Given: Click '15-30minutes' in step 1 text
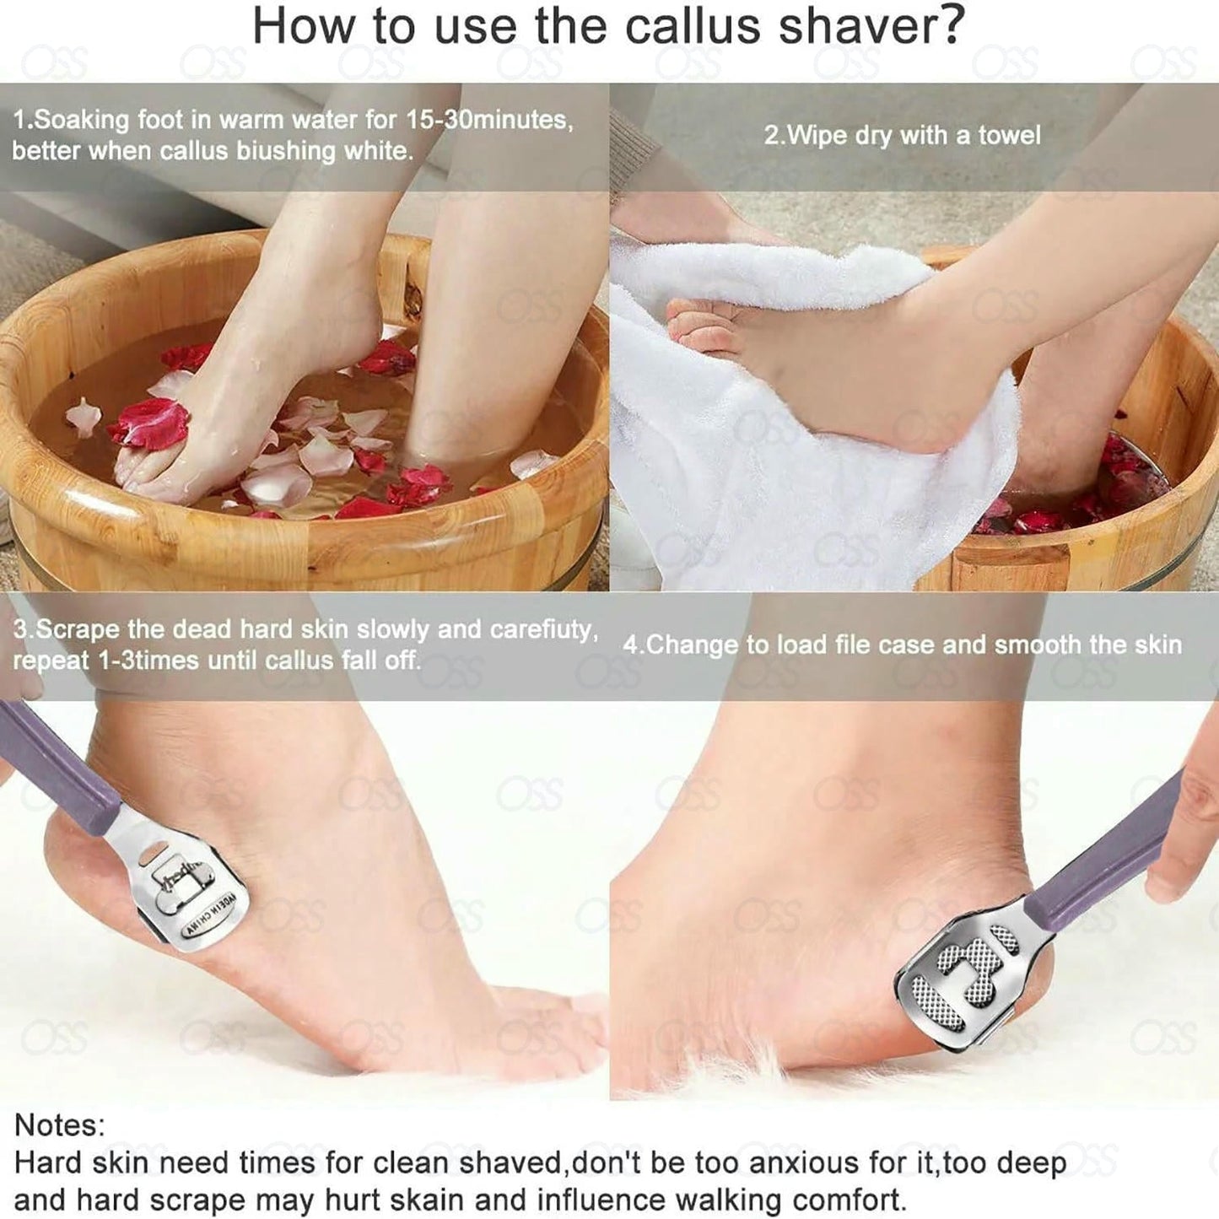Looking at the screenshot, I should pyautogui.click(x=488, y=120).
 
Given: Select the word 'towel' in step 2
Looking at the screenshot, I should pyautogui.click(x=1009, y=136).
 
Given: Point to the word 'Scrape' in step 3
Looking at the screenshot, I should pyautogui.click(x=78, y=630).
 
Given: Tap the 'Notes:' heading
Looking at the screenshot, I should pyautogui.click(x=59, y=1125).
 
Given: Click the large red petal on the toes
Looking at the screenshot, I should pyautogui.click(x=152, y=421).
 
